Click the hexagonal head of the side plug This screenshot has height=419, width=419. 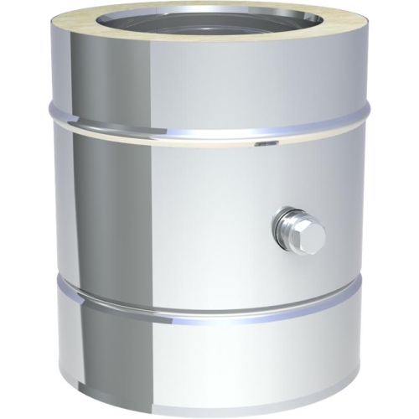click(x=310, y=237)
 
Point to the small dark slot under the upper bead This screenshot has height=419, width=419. click(x=266, y=144)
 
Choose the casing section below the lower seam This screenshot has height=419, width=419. click(x=209, y=360)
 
